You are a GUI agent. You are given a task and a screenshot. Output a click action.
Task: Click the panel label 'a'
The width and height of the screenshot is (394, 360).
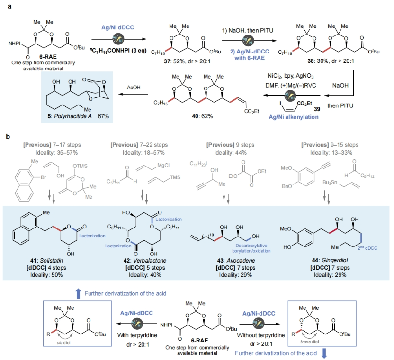tap(7, 7)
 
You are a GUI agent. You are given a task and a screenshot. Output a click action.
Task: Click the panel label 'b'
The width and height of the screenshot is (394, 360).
tap(7, 136)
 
